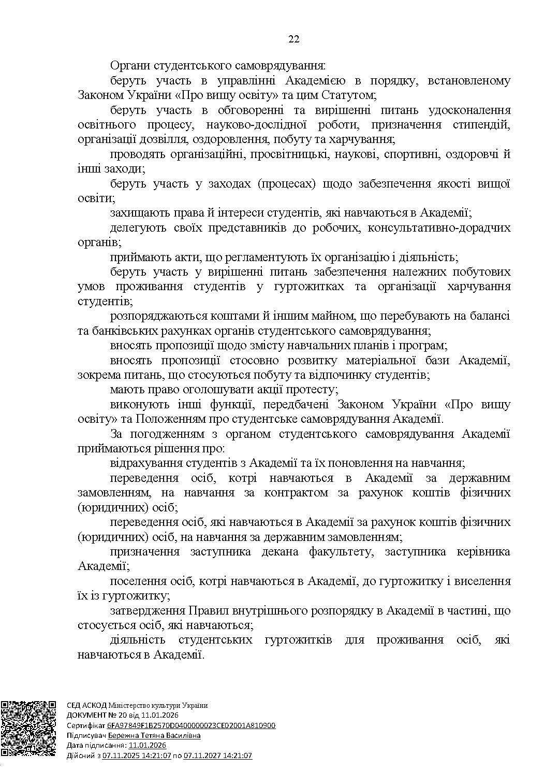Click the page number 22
tap(293, 39)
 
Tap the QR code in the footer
tap(28, 729)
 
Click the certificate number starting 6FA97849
tap(191, 725)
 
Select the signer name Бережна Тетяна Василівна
tap(154, 735)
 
